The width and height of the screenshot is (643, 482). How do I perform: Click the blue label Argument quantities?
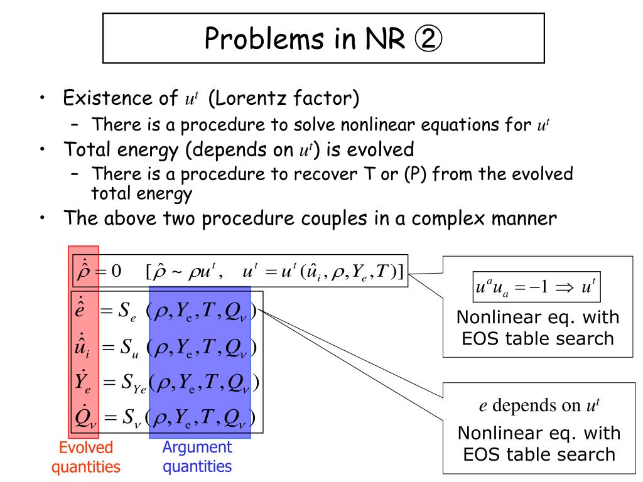pyautogui.click(x=197, y=456)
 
